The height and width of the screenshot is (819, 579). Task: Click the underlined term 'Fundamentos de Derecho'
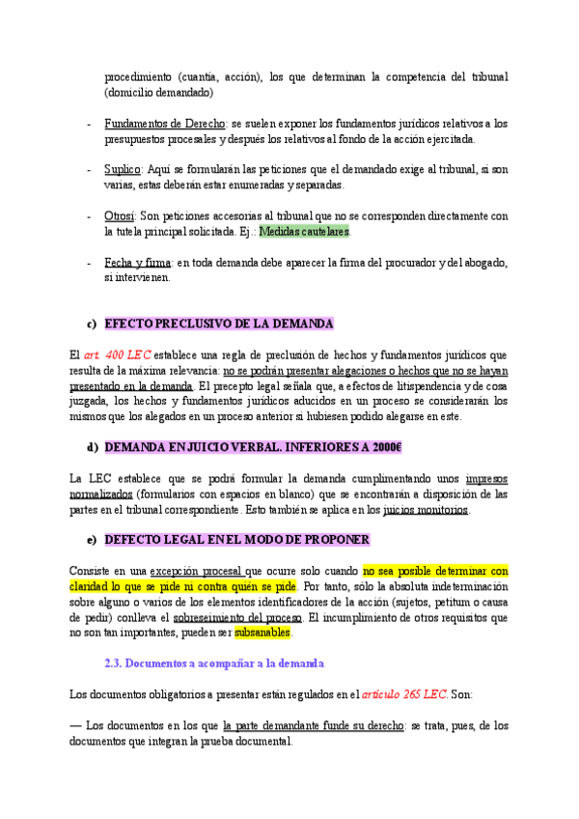pos(164,124)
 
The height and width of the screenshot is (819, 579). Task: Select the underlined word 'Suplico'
pos(124,169)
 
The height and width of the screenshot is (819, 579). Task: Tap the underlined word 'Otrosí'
pos(121,215)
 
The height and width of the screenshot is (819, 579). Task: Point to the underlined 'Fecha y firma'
pos(138,262)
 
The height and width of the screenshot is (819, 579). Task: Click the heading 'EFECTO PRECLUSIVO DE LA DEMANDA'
pos(218,324)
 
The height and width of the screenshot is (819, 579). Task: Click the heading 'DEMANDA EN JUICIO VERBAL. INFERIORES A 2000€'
pos(253,447)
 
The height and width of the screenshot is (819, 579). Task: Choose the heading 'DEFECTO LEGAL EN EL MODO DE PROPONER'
pos(236,539)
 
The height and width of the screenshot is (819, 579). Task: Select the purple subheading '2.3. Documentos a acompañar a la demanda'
pos(213,664)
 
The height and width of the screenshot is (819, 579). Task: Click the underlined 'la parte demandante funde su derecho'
pos(313,725)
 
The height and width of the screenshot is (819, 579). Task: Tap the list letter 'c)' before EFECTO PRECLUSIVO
pos(93,324)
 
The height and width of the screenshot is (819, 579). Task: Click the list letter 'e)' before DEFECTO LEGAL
pos(93,539)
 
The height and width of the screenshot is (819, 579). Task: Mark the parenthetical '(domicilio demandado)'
pos(158,93)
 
